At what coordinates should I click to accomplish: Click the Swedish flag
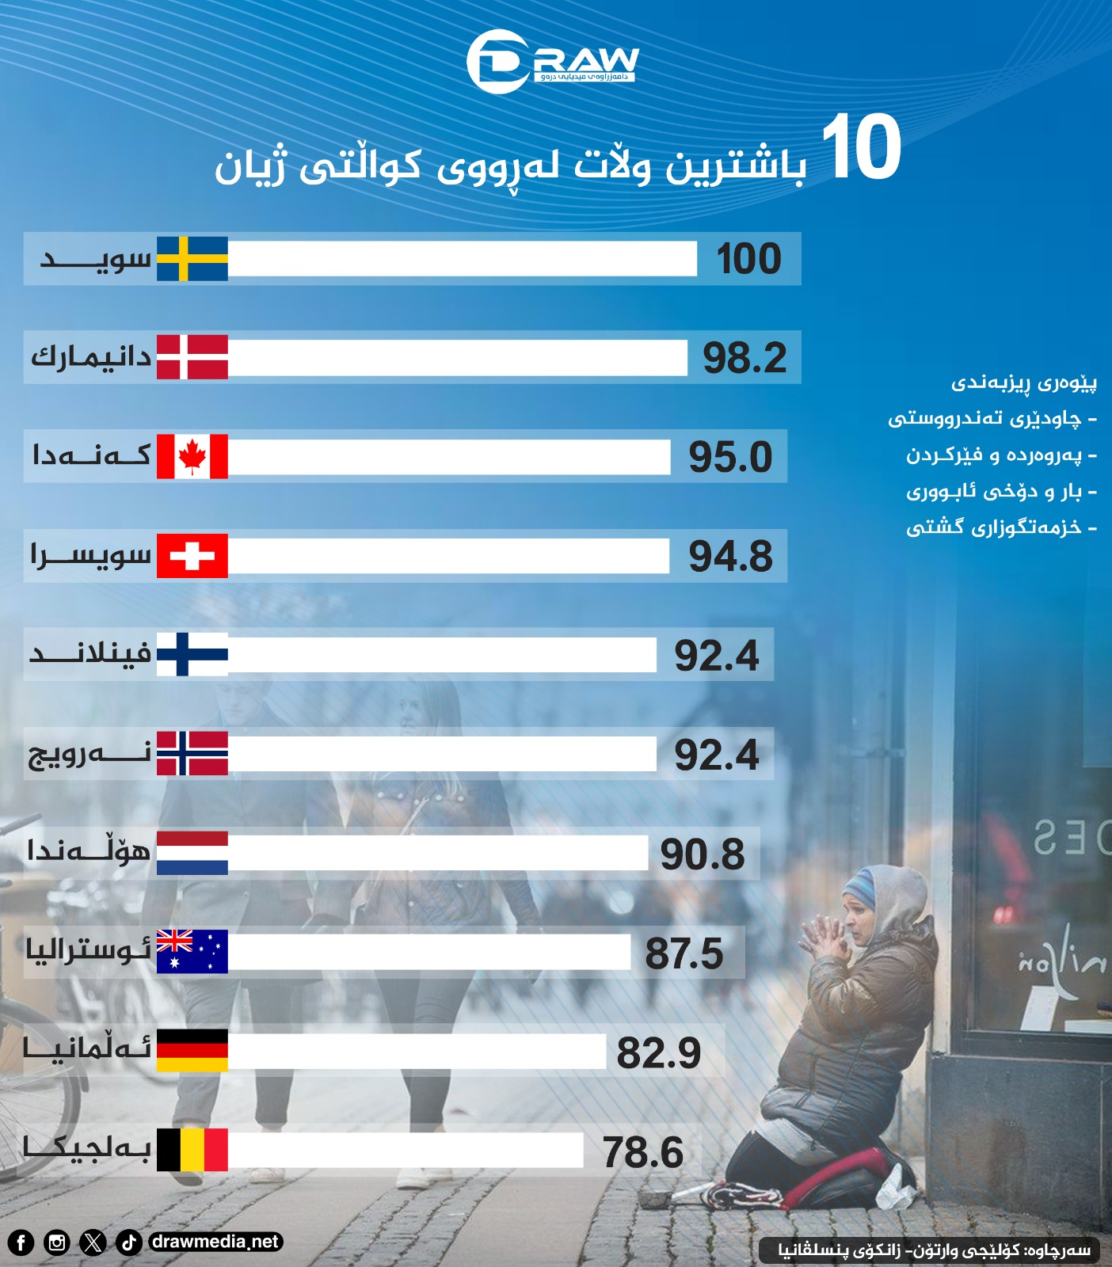click(192, 258)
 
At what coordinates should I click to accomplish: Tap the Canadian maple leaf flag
click(192, 456)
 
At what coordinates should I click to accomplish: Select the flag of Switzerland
click(192, 555)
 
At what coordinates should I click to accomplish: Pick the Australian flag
click(192, 951)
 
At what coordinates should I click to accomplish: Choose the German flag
click(192, 1050)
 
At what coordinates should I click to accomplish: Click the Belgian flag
click(192, 1150)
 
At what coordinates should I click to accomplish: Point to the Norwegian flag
click(192, 753)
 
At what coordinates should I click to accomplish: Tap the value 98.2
click(745, 358)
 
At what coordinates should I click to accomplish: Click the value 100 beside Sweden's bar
click(748, 259)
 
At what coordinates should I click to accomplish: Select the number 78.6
click(642, 1152)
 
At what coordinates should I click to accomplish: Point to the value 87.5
click(684, 953)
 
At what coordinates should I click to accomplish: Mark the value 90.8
click(703, 854)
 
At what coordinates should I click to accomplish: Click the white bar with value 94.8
click(448, 556)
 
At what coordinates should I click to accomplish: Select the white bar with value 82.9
click(417, 1051)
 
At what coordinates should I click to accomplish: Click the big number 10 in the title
click(861, 147)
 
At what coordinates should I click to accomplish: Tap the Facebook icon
click(21, 1242)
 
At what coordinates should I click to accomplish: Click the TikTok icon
click(129, 1242)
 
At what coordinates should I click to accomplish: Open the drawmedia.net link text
click(215, 1242)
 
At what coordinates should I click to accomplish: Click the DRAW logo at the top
click(552, 61)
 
